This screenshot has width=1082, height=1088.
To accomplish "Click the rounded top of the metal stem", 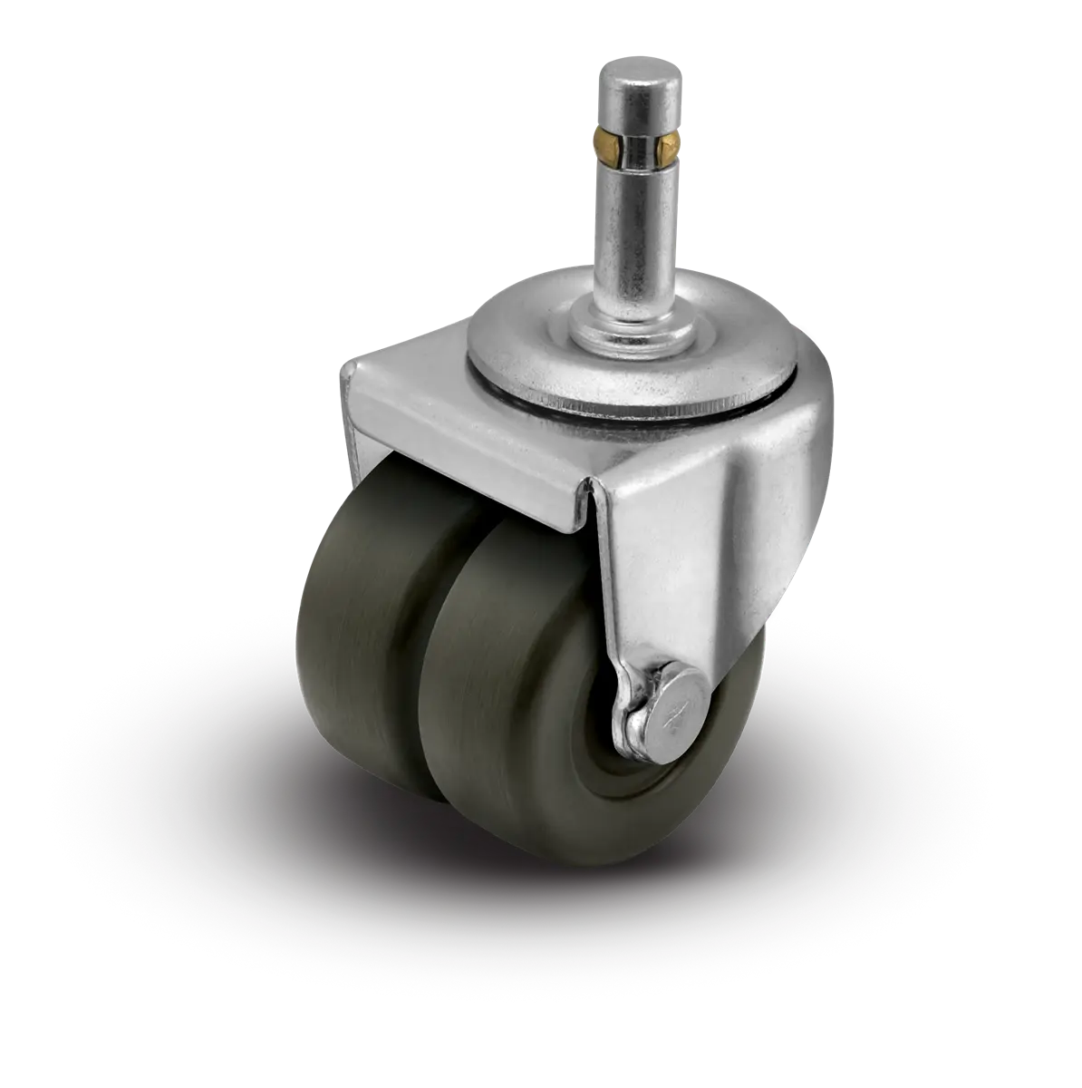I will click(629, 68).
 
